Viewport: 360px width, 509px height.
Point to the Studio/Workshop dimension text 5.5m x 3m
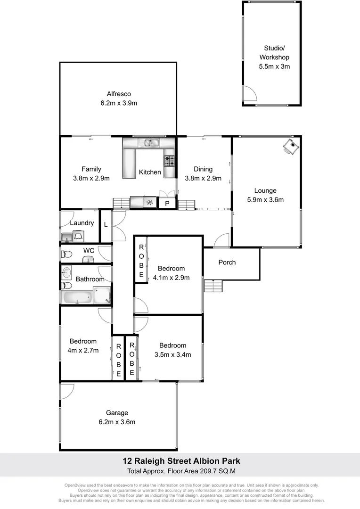pyautogui.click(x=274, y=66)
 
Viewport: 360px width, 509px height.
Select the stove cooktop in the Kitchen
pyautogui.click(x=169, y=161)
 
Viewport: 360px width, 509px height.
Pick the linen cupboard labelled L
pyautogui.click(x=106, y=225)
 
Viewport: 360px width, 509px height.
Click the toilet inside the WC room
pyautogui.click(x=66, y=255)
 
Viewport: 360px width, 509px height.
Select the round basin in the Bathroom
pyautogui.click(x=66, y=272)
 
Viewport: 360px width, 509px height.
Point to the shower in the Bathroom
pyautogui.click(x=102, y=296)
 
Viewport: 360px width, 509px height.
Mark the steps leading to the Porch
pyautogui.click(x=213, y=286)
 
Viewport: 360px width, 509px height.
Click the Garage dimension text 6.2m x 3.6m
pyautogui.click(x=117, y=422)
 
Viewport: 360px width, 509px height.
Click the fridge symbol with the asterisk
pyautogui.click(x=150, y=203)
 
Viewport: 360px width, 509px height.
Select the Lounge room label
pyautogui.click(x=265, y=190)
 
